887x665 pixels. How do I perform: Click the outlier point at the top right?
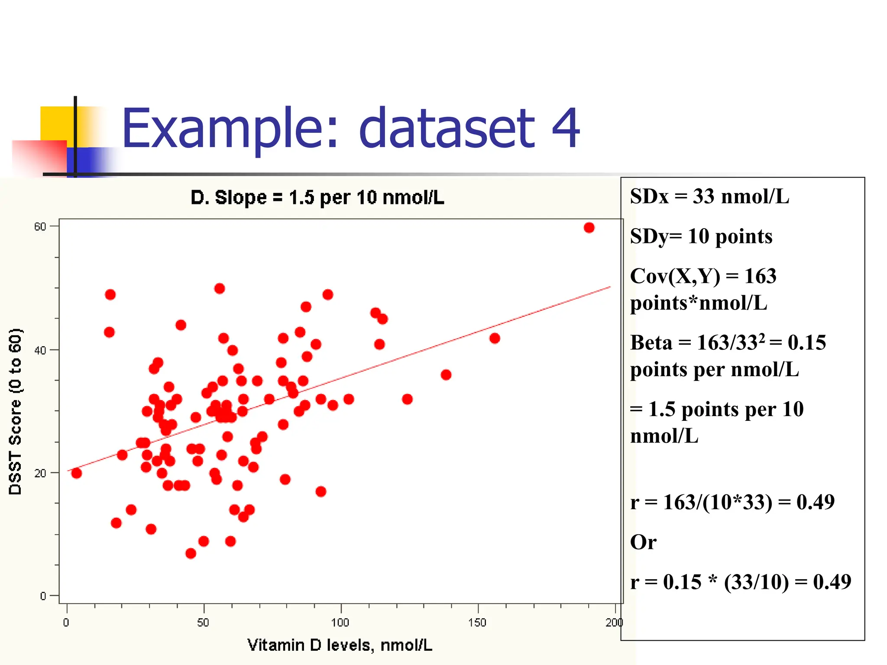click(x=589, y=227)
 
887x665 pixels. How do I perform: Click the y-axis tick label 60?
click(x=40, y=226)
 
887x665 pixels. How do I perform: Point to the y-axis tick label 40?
click(x=40, y=350)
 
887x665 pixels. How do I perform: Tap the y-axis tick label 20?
click(x=40, y=473)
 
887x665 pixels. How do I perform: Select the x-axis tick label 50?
click(x=203, y=623)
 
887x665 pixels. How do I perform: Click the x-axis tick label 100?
click(x=340, y=623)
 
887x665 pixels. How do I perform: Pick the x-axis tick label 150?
click(x=477, y=623)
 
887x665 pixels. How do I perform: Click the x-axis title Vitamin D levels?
click(x=340, y=645)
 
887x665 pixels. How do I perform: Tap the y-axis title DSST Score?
click(x=15, y=411)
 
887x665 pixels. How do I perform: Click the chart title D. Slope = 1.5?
click(x=317, y=197)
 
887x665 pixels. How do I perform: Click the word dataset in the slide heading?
click(x=447, y=128)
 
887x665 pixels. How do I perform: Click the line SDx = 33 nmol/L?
click(x=709, y=196)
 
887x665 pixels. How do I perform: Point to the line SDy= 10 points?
click(x=701, y=236)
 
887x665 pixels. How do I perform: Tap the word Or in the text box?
click(x=643, y=542)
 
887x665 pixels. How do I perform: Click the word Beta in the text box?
click(x=651, y=342)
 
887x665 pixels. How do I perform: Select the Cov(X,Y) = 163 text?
click(x=702, y=276)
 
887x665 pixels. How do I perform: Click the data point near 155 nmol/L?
click(x=495, y=338)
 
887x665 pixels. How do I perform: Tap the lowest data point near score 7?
click(x=191, y=553)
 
